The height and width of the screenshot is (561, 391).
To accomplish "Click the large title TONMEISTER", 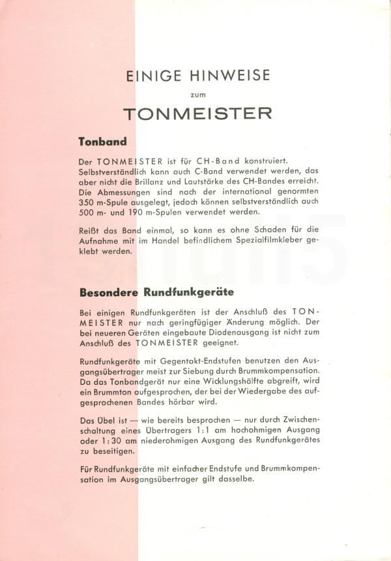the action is [197, 113].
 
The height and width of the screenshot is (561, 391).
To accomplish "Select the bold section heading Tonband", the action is [102, 140].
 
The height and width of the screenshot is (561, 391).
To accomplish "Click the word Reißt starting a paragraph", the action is [90, 230].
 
